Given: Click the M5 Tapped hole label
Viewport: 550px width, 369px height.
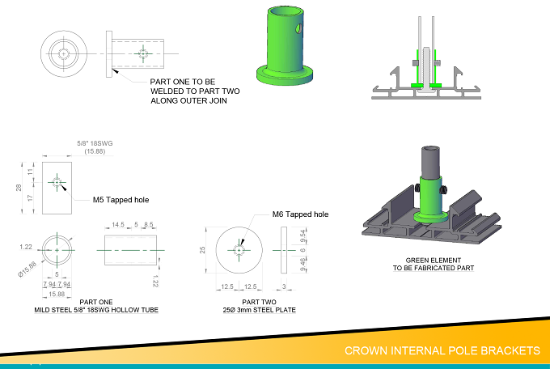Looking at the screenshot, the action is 121,200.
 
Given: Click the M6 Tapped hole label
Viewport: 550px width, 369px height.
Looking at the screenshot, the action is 300,214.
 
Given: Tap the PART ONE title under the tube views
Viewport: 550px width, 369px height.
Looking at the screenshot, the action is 96,302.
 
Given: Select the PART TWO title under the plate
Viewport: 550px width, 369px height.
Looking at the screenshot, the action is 259,302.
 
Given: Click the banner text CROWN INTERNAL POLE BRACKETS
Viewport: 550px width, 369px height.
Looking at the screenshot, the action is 442,350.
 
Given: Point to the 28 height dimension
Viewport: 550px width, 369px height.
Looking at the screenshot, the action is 19,188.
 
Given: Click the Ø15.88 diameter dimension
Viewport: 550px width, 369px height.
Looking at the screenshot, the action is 27,269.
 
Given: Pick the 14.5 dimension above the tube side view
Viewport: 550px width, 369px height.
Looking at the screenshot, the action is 118,225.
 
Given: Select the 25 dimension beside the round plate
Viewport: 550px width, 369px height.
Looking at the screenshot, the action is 202,250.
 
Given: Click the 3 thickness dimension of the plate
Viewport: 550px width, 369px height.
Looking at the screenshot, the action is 284,286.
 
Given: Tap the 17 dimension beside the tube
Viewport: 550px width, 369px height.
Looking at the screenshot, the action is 30,197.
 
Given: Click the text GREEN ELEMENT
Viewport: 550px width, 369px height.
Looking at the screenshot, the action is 434,260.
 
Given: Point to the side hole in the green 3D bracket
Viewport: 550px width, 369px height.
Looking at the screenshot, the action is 298,28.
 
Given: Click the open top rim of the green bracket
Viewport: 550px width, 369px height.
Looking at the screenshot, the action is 286,11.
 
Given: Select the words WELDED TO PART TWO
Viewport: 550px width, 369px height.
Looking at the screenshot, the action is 195,91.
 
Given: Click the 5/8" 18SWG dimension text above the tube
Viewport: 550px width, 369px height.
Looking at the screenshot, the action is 95,143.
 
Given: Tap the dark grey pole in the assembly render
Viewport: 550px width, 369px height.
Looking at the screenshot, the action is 430,162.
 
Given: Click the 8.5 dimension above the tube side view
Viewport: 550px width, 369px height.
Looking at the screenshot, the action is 149,225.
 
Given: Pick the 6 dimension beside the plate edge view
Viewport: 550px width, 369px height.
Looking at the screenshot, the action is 302,250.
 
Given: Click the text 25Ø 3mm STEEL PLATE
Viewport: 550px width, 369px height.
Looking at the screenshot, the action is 259,310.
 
